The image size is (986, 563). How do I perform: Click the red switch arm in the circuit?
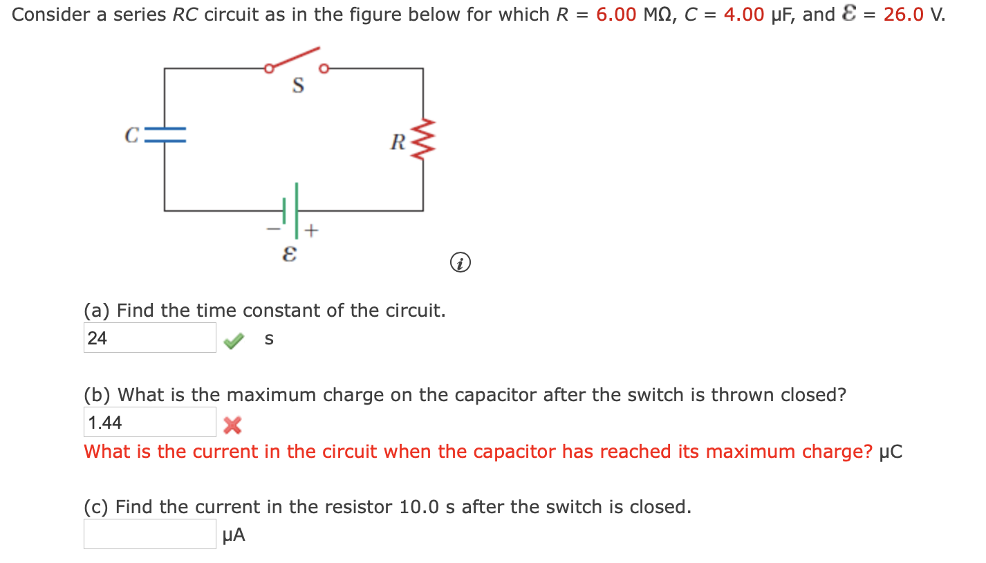(295, 59)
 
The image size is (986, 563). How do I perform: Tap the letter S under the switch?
(298, 86)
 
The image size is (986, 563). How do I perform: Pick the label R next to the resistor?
(398, 142)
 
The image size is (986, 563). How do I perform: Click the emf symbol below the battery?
(291, 255)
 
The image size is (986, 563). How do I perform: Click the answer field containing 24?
(149, 338)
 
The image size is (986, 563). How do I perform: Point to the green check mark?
(235, 340)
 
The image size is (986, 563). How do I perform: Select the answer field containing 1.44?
(149, 422)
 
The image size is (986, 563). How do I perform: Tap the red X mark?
(232, 425)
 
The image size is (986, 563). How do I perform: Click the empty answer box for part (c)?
(149, 534)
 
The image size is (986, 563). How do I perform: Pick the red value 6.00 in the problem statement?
(617, 15)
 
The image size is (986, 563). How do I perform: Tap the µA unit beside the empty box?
(234, 535)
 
